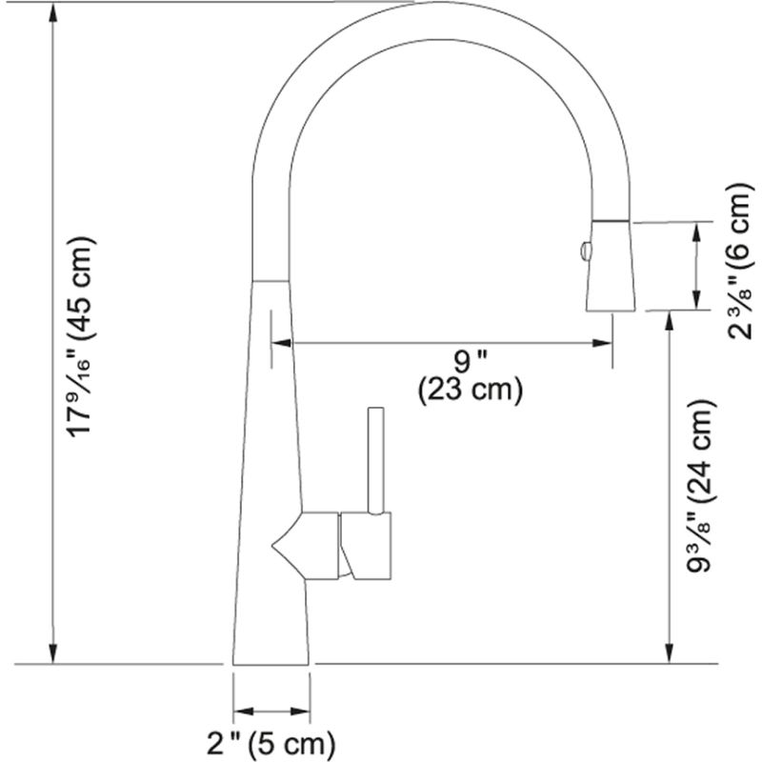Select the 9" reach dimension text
470,362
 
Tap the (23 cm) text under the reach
470,389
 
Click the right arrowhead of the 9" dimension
604,342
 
